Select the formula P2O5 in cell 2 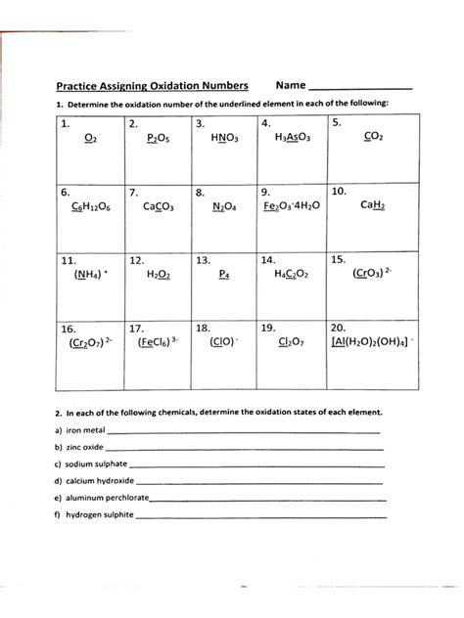(x=158, y=139)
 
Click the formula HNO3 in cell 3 (x=224, y=139)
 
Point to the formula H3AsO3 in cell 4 (x=291, y=139)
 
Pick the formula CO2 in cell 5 (x=372, y=139)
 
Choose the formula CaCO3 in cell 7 (x=158, y=206)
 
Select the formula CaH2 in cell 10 (x=373, y=206)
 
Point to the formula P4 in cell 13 (x=224, y=276)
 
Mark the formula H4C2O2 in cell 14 (x=291, y=276)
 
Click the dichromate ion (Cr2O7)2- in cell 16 (x=92, y=343)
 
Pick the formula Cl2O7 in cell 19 (x=292, y=343)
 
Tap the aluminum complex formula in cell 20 (x=373, y=343)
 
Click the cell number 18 (x=203, y=329)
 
